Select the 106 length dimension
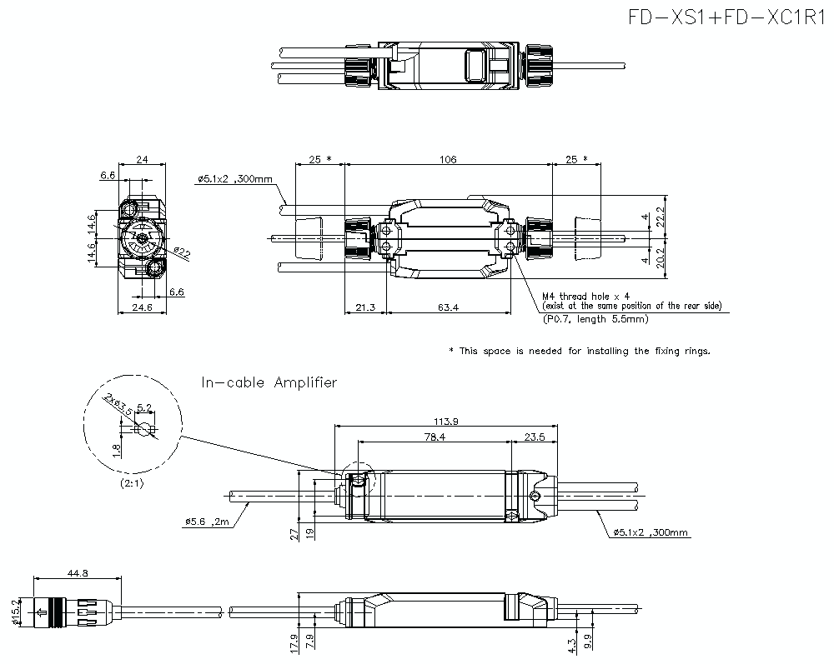coord(448,158)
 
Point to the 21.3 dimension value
coord(364,307)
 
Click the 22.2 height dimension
coord(660,217)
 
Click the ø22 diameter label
coord(182,252)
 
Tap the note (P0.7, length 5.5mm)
coord(594,318)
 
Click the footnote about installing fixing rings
coord(580,351)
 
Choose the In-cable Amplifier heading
coord(269,382)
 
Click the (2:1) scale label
coord(131,483)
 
